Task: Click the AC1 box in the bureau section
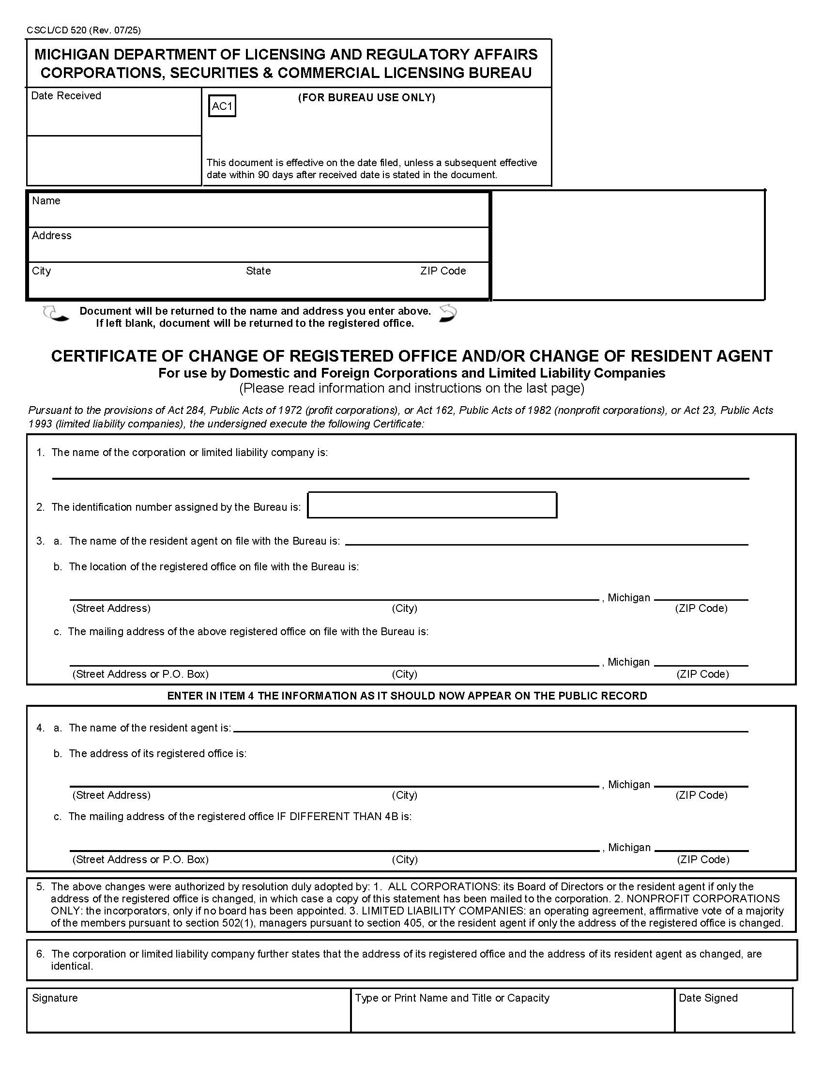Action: (222, 106)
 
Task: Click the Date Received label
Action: (66, 95)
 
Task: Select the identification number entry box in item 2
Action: (432, 505)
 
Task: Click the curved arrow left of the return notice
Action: (56, 314)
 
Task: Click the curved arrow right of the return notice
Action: (448, 313)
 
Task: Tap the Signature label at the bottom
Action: (55, 998)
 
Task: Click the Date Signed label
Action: (707, 998)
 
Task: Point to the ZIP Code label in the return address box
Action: (442, 271)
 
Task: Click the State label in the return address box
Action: (258, 271)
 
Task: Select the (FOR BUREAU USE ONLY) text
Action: (366, 97)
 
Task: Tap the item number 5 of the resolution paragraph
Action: (40, 886)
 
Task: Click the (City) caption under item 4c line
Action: (404, 859)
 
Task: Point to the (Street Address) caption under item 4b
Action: (111, 795)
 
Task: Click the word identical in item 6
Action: (71, 966)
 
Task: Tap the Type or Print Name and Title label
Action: (452, 998)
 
